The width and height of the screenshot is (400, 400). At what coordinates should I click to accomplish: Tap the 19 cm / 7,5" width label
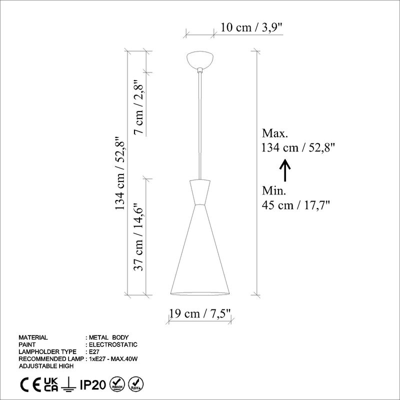[x=200, y=314]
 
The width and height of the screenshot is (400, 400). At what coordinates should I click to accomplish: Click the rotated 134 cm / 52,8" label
[x=119, y=174]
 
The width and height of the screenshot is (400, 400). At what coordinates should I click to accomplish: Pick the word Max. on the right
[x=275, y=133]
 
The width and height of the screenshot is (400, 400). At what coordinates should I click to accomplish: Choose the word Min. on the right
[x=274, y=190]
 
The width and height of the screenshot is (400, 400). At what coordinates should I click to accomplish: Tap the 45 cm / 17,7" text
[x=296, y=204]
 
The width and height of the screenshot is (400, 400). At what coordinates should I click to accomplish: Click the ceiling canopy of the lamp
[x=200, y=60]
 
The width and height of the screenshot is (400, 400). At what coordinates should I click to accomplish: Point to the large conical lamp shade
[x=200, y=255]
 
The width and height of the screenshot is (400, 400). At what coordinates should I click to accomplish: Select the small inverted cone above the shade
[x=200, y=192]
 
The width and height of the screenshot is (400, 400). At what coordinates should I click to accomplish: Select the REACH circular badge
[x=117, y=384]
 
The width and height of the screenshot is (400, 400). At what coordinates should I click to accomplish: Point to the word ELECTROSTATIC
[x=112, y=344]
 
